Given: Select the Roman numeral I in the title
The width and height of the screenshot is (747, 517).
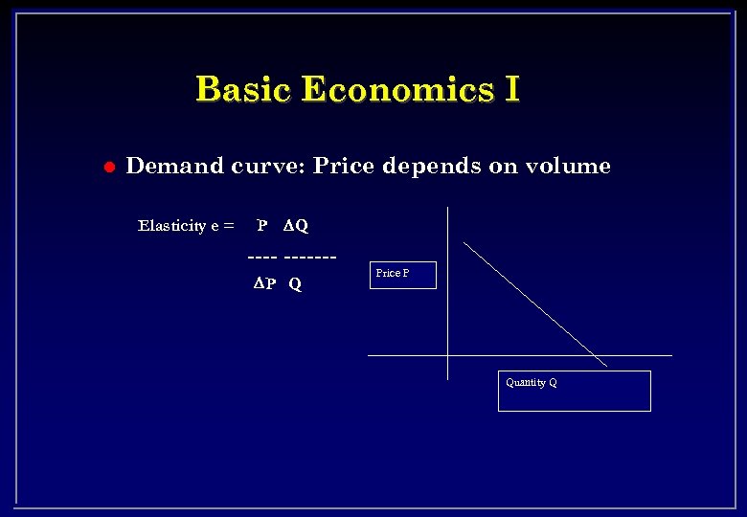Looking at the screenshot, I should pyautogui.click(x=510, y=89).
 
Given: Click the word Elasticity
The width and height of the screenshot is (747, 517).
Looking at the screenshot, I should pyautogui.click(x=171, y=226).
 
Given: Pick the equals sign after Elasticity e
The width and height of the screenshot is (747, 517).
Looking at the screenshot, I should pyautogui.click(x=228, y=226).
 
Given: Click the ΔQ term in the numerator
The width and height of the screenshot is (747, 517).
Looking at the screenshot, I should pyautogui.click(x=296, y=226).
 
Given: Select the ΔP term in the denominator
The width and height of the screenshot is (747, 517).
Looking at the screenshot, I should pyautogui.click(x=264, y=284).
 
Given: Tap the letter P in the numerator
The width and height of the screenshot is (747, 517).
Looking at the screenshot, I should pyautogui.click(x=261, y=226).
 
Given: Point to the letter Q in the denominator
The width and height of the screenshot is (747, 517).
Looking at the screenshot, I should pyautogui.click(x=295, y=284).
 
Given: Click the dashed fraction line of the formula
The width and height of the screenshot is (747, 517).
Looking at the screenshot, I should pyautogui.click(x=292, y=257).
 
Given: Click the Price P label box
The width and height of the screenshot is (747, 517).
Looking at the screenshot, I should pyautogui.click(x=402, y=275).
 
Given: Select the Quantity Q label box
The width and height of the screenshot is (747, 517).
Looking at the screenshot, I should pyautogui.click(x=574, y=391).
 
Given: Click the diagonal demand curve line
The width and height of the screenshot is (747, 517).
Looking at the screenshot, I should pyautogui.click(x=535, y=303).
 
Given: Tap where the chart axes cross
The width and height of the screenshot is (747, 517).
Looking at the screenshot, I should pyautogui.click(x=447, y=355).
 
